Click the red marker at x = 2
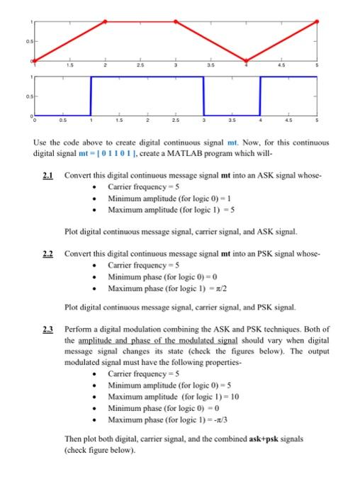click(106, 21)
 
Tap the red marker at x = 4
click(247, 60)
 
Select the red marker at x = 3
click(176, 21)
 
